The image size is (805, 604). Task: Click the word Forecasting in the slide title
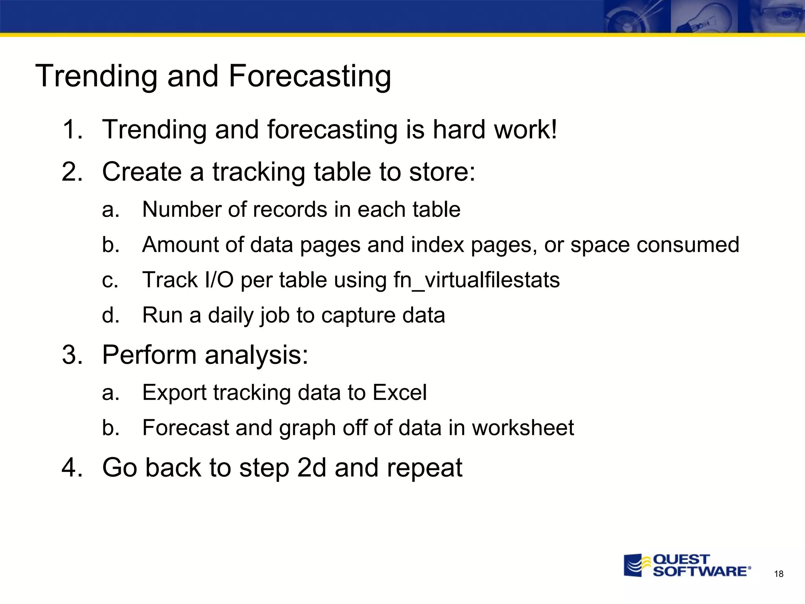click(310, 76)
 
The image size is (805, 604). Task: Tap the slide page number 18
click(779, 574)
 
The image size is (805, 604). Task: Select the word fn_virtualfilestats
click(476, 280)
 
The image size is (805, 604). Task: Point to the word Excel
click(399, 392)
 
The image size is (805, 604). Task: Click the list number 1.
click(72, 130)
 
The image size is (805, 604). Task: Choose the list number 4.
click(72, 468)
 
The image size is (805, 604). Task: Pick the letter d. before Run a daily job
click(110, 315)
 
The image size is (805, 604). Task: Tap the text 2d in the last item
click(312, 468)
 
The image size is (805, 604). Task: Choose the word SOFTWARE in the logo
click(700, 571)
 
